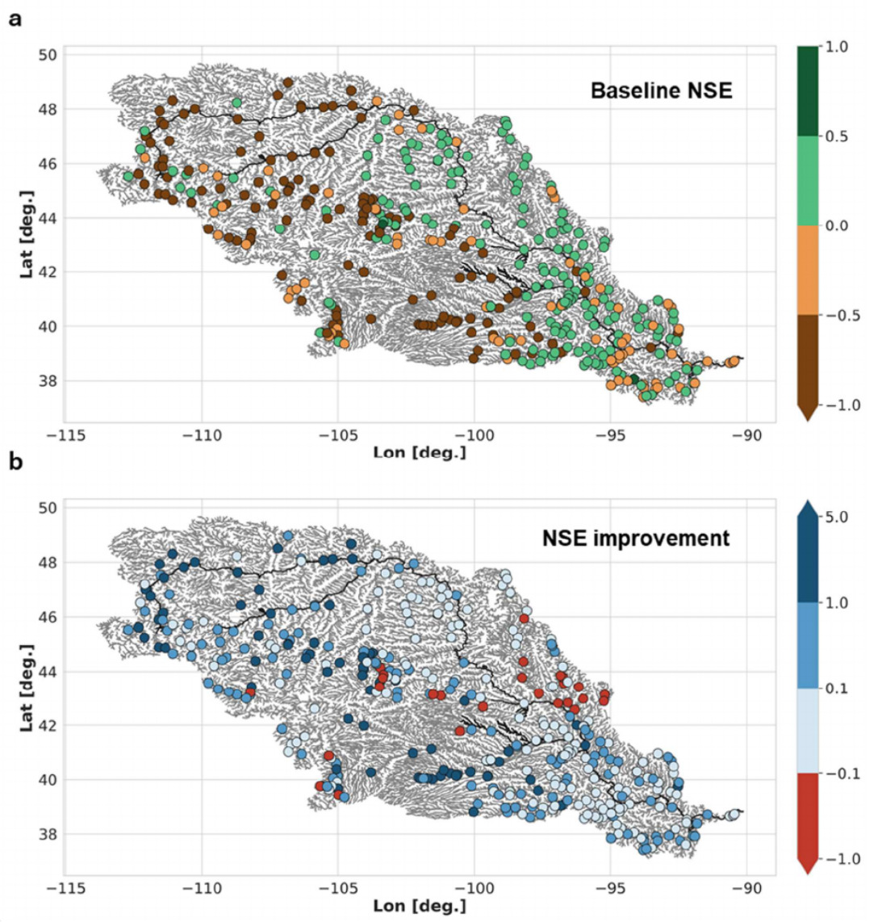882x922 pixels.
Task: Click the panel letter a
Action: (x=15, y=19)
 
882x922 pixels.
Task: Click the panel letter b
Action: (x=15, y=464)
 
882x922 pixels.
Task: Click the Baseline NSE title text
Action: (x=661, y=90)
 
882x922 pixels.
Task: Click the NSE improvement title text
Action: (x=636, y=538)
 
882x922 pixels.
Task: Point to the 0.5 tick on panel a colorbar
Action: (x=837, y=136)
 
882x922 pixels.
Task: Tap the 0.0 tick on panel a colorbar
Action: (x=837, y=226)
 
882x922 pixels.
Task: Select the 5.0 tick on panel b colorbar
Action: (x=837, y=517)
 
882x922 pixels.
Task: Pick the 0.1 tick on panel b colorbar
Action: (x=837, y=688)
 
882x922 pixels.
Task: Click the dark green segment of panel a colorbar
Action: (x=807, y=91)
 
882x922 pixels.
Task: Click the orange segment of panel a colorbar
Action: (x=807, y=270)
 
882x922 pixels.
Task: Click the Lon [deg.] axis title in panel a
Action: (x=420, y=452)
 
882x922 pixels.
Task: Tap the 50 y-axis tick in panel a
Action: (x=48, y=55)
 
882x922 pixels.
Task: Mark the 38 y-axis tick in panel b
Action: (x=48, y=834)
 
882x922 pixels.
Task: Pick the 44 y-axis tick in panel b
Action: (x=48, y=671)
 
